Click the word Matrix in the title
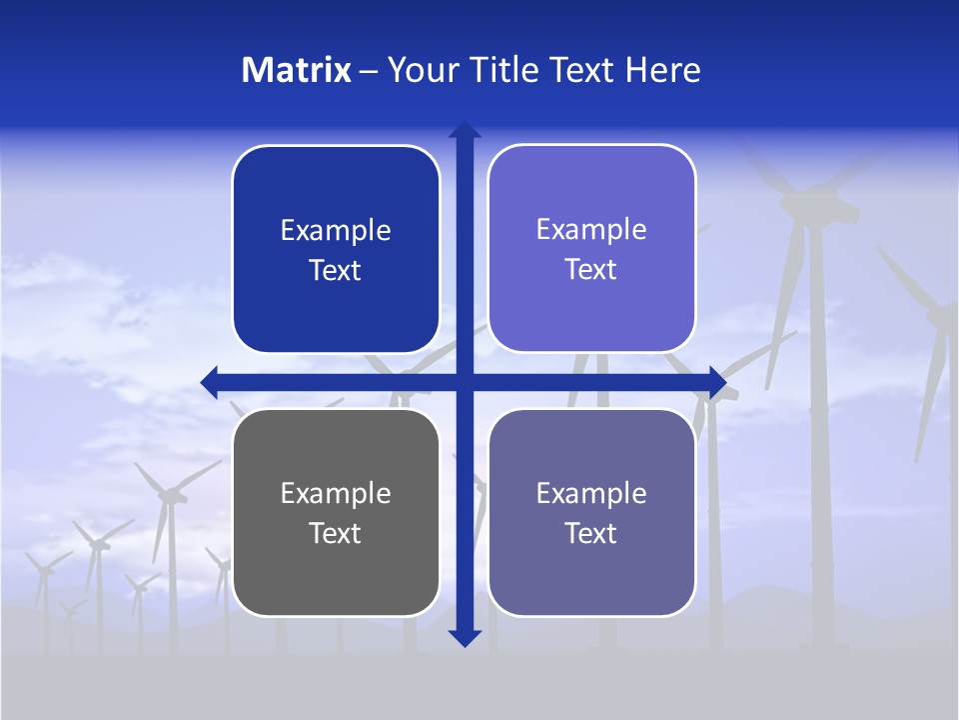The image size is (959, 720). (297, 70)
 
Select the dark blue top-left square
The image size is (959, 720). (336, 250)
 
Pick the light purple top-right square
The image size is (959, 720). (591, 249)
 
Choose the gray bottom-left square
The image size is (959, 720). (336, 512)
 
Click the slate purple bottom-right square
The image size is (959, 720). (591, 512)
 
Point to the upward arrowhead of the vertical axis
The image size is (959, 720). (465, 130)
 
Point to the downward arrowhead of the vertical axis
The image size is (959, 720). (465, 638)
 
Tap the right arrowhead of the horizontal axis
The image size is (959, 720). (717, 382)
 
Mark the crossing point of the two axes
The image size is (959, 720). (465, 382)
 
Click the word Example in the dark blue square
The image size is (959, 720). (336, 231)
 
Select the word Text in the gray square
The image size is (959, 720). (336, 533)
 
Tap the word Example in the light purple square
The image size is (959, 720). (591, 230)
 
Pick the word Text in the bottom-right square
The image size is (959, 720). (591, 533)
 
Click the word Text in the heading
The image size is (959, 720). (581, 70)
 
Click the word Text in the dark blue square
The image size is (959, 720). (336, 270)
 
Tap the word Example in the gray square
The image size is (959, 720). (336, 493)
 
